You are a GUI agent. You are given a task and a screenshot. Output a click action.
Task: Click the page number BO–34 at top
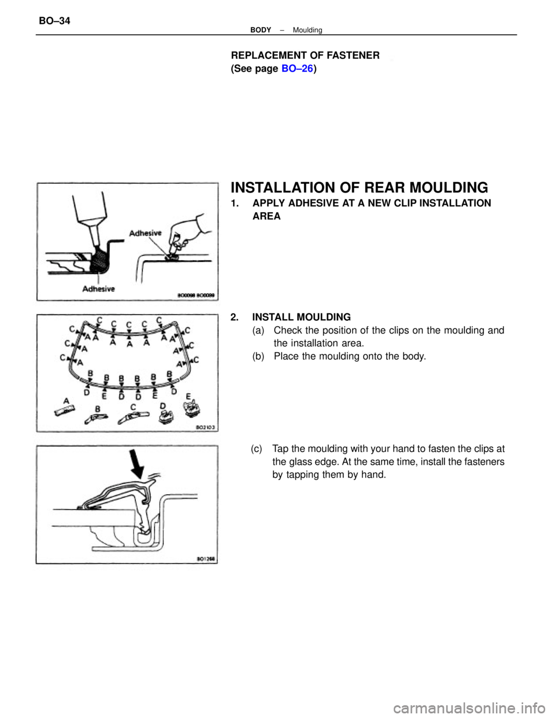pyautogui.click(x=55, y=21)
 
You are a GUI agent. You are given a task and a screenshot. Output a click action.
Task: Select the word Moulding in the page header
pyautogui.click(x=307, y=30)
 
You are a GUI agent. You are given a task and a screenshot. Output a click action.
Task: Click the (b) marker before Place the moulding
pyautogui.click(x=260, y=356)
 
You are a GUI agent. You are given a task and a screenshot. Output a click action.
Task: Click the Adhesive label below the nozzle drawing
pyautogui.click(x=98, y=288)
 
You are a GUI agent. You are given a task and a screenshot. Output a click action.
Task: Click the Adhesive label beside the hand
pyautogui.click(x=146, y=234)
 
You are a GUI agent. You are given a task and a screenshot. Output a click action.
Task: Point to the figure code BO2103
pyautogui.click(x=202, y=428)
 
